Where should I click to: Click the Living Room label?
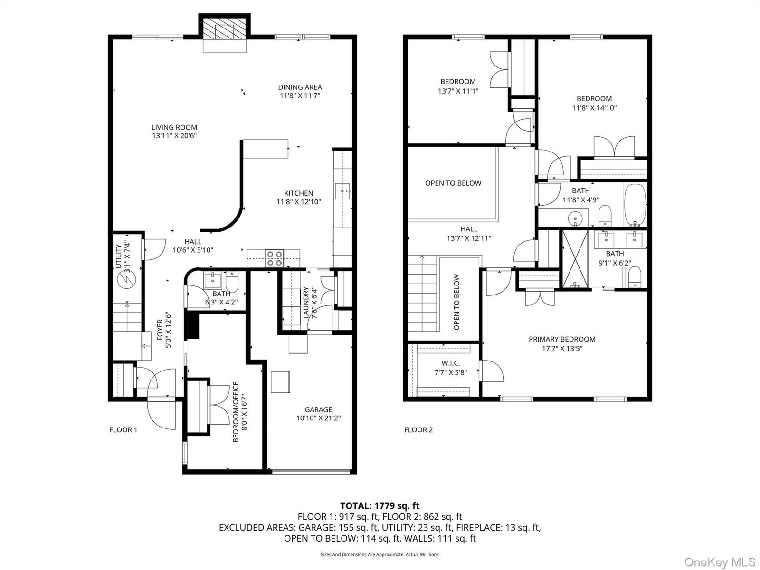click(174, 127)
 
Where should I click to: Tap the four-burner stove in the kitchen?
click(275, 258)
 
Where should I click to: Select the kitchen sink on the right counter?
click(343, 191)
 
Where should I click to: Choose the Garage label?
click(318, 410)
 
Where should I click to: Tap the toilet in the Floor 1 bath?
click(232, 281)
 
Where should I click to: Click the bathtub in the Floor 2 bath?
click(635, 205)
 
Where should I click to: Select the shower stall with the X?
click(575, 259)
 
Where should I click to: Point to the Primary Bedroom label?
click(562, 339)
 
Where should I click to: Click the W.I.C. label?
click(450, 363)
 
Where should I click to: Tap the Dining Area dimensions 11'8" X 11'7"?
click(300, 95)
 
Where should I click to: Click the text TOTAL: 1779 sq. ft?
click(380, 506)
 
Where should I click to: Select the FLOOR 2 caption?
click(418, 430)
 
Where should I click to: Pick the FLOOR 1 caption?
click(123, 430)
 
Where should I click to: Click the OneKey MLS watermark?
click(720, 561)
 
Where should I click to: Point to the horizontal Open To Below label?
click(453, 183)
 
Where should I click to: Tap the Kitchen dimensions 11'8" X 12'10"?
click(299, 202)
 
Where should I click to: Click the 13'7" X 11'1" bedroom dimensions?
click(458, 91)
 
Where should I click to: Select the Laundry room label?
click(306, 303)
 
